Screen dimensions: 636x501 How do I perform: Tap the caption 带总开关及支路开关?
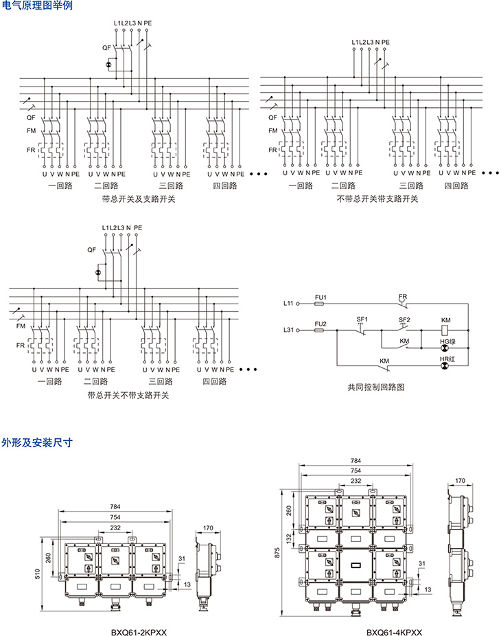pos(138,199)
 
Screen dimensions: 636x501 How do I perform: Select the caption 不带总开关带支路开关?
pos(377,199)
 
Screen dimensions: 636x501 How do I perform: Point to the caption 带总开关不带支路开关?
pos(128,396)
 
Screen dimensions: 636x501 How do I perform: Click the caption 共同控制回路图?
pos(376,387)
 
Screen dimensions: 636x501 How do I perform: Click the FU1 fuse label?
pos(320,297)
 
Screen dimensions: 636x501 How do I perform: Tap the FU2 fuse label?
pos(320,323)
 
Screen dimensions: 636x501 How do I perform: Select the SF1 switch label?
pos(362,319)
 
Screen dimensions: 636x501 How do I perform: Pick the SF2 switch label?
pos(404,319)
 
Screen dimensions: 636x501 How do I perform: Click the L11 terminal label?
pos(288,303)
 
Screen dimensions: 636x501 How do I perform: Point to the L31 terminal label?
pos(288,330)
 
